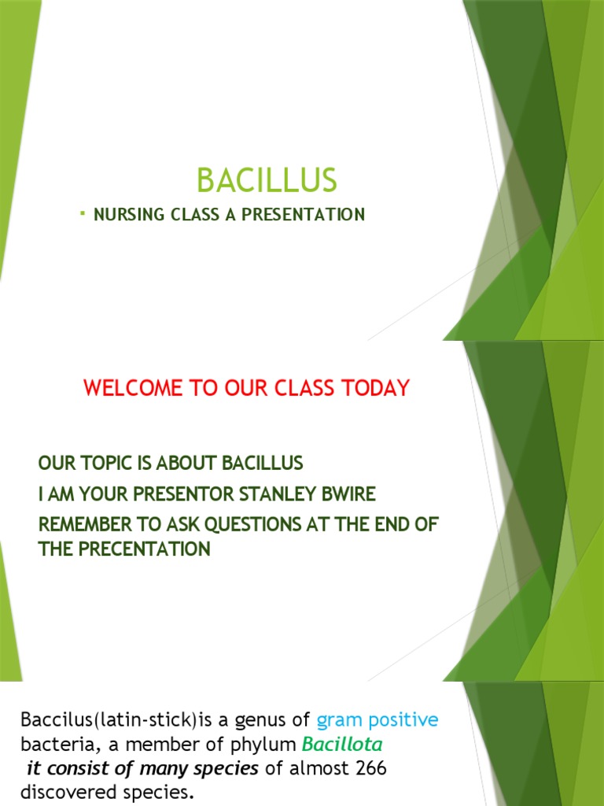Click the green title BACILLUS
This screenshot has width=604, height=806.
tap(267, 181)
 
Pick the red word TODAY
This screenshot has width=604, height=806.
tap(381, 388)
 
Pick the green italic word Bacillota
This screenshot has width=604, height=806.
tap(342, 745)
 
